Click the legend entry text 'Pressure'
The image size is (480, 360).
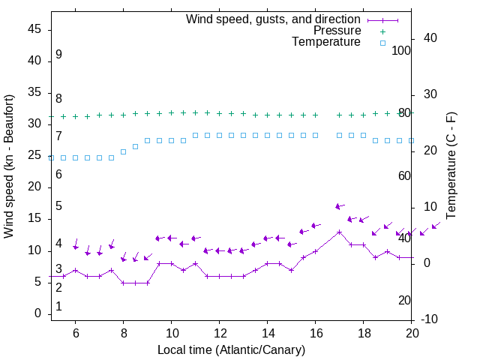337,31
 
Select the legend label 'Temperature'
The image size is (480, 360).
326,42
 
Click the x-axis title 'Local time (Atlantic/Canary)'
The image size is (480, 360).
231,349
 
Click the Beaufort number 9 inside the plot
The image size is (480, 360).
58,55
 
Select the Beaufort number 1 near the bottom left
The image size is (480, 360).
58,307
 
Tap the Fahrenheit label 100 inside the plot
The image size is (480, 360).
401,50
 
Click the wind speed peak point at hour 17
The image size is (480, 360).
339,232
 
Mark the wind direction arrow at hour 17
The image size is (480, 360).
339,206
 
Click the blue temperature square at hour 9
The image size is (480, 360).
147,140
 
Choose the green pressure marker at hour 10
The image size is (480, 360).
171,112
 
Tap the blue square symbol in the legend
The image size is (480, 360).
382,43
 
